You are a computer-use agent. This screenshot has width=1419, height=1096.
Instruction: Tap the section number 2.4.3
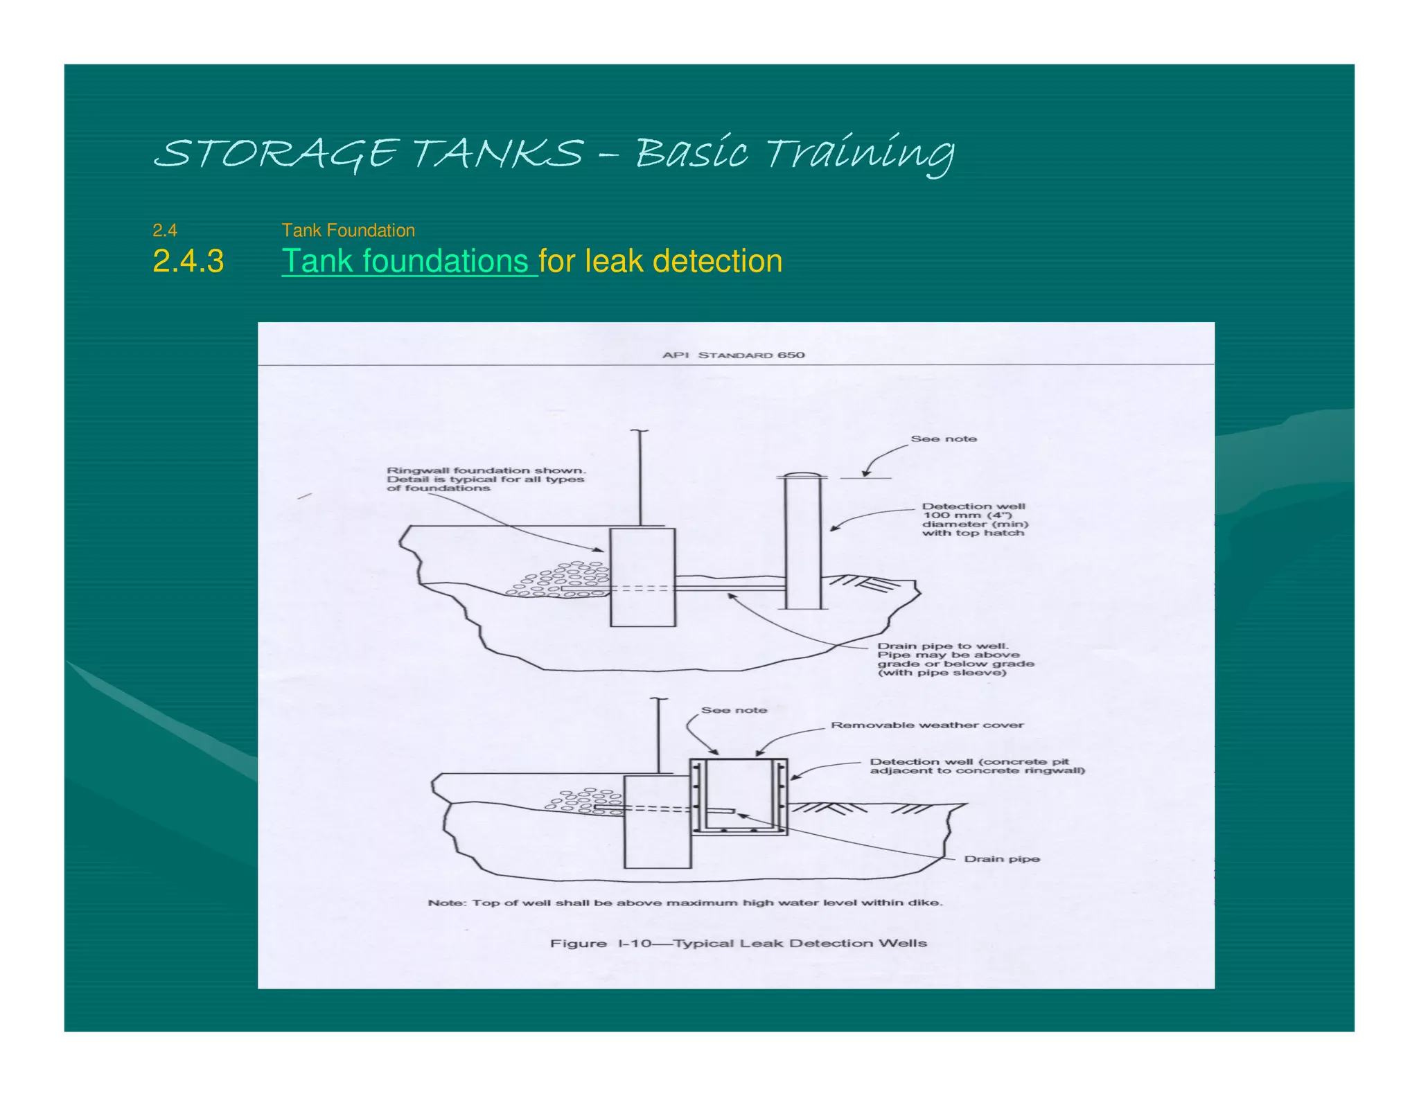(188, 261)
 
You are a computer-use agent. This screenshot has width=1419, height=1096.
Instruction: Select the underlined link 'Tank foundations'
(409, 261)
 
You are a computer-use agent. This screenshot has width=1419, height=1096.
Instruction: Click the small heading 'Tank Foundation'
(348, 230)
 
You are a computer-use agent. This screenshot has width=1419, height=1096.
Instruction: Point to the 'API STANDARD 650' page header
(733, 355)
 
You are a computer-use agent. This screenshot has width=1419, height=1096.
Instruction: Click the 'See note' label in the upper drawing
(943, 439)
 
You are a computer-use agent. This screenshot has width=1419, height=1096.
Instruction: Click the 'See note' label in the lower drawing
(733, 710)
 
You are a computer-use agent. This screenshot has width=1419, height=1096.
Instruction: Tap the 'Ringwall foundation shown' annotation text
(485, 479)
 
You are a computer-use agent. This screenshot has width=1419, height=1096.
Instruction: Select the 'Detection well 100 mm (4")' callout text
(973, 520)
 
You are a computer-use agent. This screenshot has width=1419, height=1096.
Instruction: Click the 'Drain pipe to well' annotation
(954, 659)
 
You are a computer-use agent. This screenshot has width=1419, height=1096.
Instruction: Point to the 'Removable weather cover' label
(926, 725)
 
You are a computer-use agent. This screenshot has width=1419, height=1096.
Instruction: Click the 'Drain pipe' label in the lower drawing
(1001, 858)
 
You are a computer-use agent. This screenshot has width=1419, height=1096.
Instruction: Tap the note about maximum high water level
(685, 902)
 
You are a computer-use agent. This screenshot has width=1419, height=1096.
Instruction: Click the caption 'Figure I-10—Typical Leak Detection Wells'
(738, 943)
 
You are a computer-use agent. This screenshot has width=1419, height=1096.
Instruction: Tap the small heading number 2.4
(165, 230)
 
